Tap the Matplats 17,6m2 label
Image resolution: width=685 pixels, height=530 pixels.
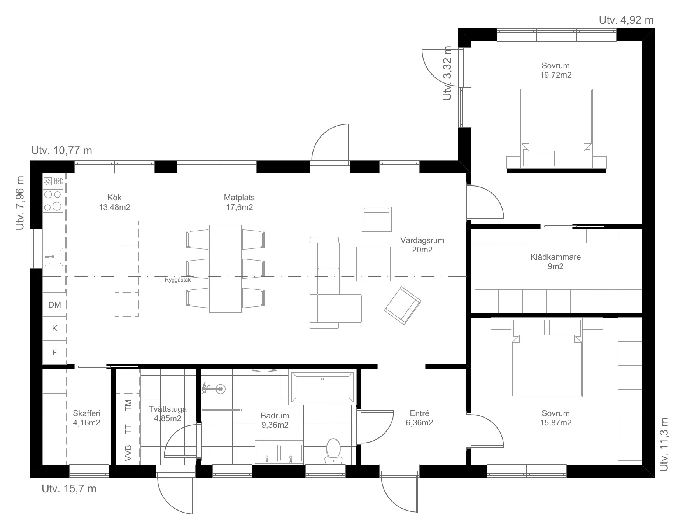click(239, 202)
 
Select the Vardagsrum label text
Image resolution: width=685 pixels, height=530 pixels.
click(422, 240)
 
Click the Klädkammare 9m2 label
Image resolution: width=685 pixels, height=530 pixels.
click(555, 262)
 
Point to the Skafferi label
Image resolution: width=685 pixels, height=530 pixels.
click(87, 413)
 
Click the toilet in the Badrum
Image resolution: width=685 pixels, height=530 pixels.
click(333, 451)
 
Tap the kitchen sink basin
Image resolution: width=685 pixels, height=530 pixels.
click(53, 257)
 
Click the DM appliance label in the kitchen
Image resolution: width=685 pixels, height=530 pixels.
click(55, 305)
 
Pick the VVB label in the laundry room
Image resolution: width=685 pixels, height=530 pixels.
click(129, 452)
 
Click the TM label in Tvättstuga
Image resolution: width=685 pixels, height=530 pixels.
click(129, 405)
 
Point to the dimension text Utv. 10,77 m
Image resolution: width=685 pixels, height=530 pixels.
click(62, 150)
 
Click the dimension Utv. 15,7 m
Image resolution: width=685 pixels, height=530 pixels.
click(69, 489)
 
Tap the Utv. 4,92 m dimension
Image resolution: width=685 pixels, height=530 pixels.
click(626, 20)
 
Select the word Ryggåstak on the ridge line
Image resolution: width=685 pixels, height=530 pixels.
click(178, 279)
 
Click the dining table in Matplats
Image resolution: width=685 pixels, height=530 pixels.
click(226, 268)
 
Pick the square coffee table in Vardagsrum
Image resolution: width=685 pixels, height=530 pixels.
click(373, 264)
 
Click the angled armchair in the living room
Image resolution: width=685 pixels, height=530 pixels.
click(403, 306)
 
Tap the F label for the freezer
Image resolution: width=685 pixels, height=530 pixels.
click(54, 353)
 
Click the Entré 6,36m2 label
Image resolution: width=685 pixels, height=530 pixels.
click(419, 418)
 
